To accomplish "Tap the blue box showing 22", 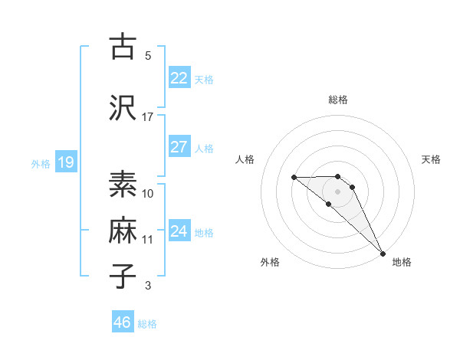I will tap(179, 78).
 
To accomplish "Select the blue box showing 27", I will tap(179, 147).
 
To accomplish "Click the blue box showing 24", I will tap(179, 232).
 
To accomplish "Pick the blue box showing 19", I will tap(65, 162).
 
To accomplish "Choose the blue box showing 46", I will tap(123, 322).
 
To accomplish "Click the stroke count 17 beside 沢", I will tap(148, 116).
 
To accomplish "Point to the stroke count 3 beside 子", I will tap(148, 286).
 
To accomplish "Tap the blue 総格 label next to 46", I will tap(148, 324).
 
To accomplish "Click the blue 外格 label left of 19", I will tap(40, 164).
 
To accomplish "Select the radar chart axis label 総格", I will tap(338, 100).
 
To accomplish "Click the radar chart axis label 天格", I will tap(432, 159).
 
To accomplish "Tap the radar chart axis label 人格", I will tap(245, 159).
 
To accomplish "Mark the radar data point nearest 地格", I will tap(383, 253).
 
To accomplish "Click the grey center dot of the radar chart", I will tap(338, 191).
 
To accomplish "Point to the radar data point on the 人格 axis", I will tap(294, 178).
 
